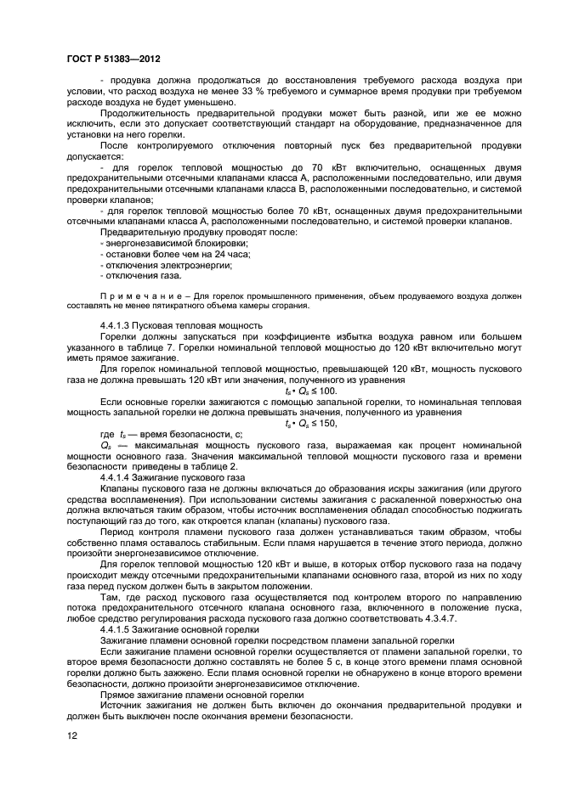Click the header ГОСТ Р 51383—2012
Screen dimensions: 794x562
[x=113, y=60]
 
